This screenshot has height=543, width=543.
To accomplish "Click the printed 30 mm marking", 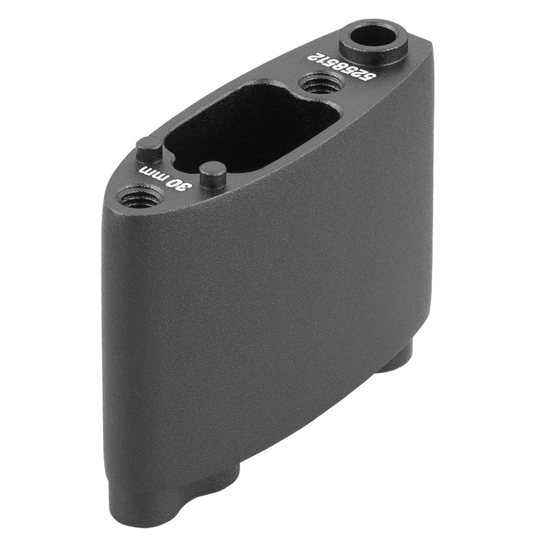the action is tap(165, 177).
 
